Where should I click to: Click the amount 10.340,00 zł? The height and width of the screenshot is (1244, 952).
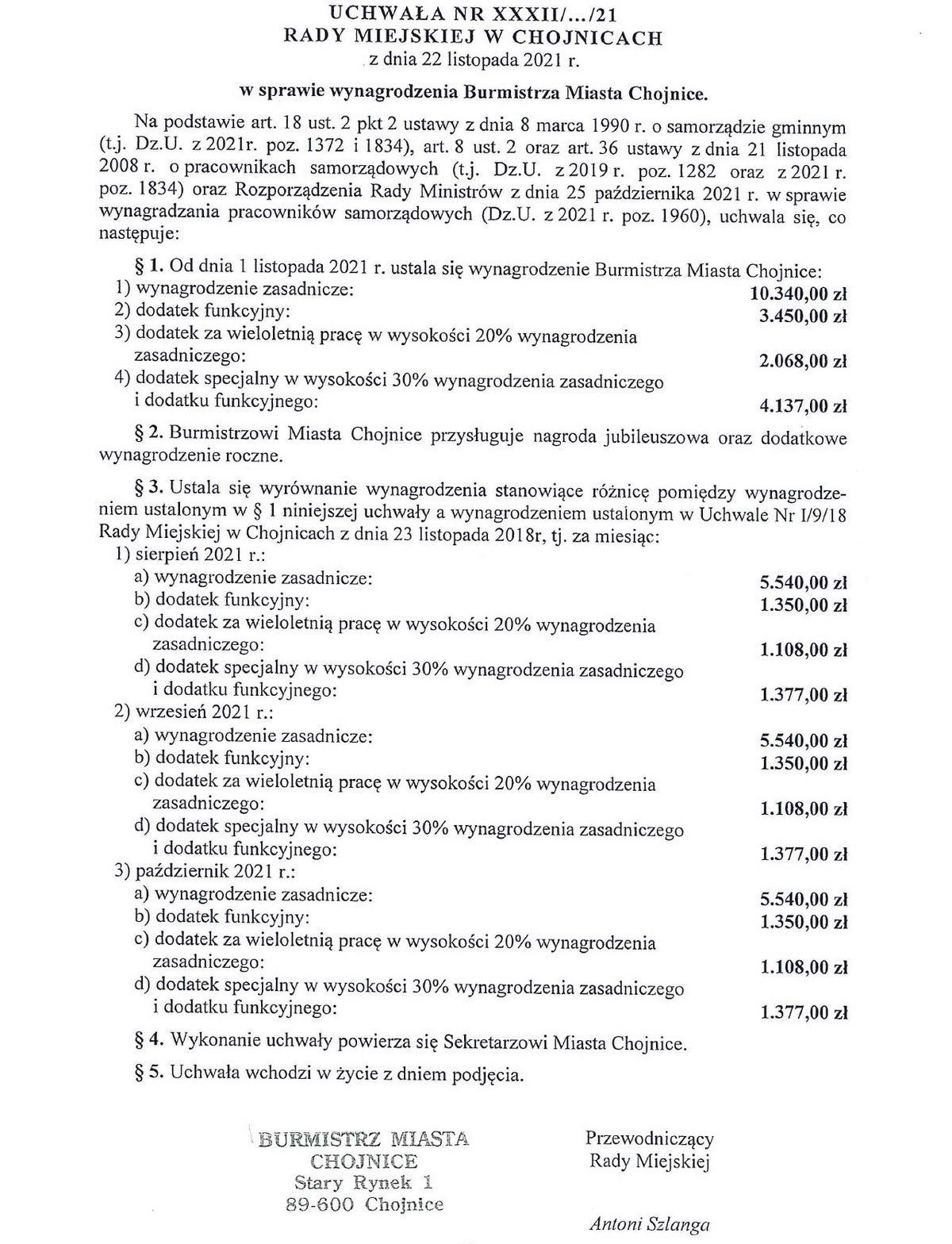pyautogui.click(x=798, y=294)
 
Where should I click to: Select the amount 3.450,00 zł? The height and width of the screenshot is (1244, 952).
pyautogui.click(x=803, y=317)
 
